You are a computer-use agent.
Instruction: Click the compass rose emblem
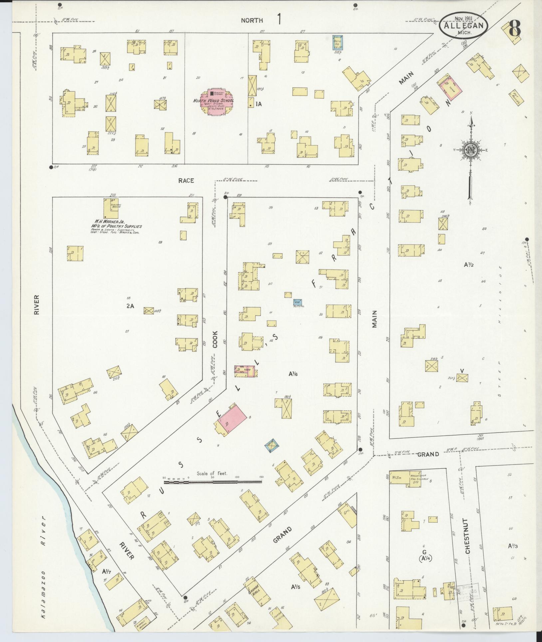471,150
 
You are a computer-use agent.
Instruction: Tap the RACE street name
186,181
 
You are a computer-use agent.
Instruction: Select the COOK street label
215,339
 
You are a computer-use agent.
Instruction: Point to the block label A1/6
293,374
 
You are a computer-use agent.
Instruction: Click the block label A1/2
468,265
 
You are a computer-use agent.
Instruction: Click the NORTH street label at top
252,20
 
